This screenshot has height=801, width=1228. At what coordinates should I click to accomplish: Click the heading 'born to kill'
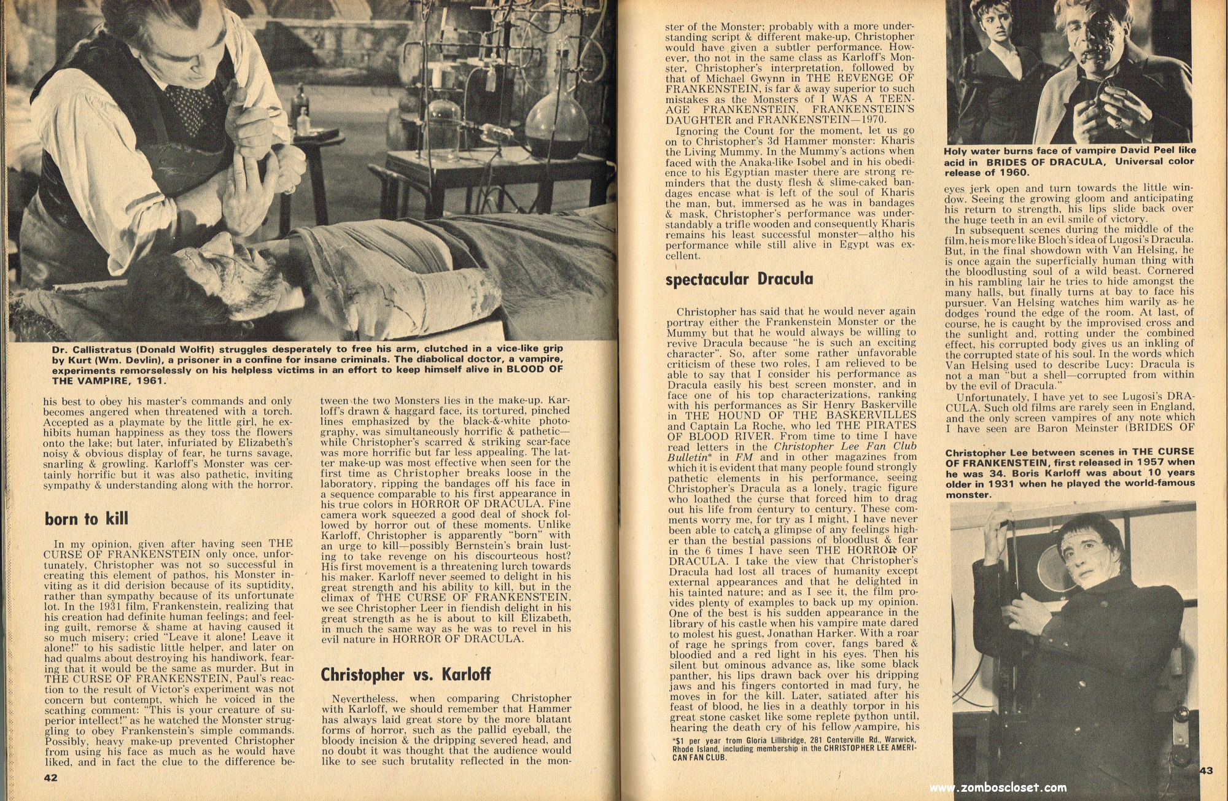(x=87, y=519)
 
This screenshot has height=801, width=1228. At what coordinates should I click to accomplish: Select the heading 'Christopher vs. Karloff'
(x=406, y=674)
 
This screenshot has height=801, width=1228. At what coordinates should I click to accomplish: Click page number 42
(x=50, y=778)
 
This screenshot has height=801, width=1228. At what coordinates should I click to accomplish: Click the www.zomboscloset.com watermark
(x=998, y=788)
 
